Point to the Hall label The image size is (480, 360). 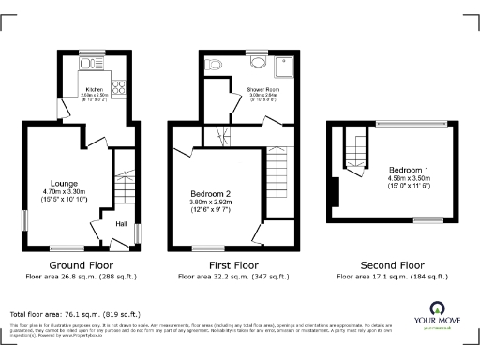point(121,224)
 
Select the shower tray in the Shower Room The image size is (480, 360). point(281,64)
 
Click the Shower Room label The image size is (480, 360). point(260,89)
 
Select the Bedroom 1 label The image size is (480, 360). point(409,169)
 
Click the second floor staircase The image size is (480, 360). point(353,150)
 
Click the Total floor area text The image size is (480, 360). point(75,313)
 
